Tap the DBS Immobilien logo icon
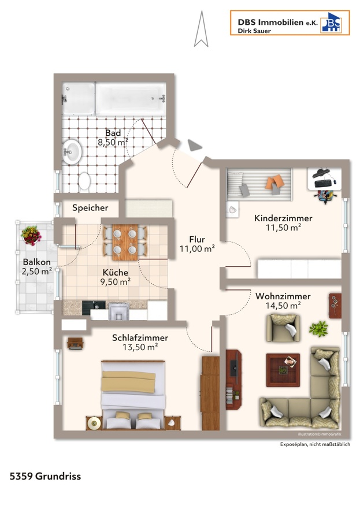[x=331, y=23]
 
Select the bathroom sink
[x=72, y=152]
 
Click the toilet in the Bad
[x=84, y=182]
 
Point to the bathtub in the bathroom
[x=131, y=98]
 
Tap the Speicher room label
[x=90, y=208]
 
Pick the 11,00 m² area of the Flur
[x=197, y=248]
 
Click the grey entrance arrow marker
[x=194, y=145]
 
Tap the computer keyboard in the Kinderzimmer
[x=324, y=183]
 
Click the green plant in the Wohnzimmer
[x=318, y=329]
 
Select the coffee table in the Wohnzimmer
[x=283, y=370]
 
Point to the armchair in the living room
[x=283, y=328]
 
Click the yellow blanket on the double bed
[x=128, y=382]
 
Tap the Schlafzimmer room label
[x=140, y=338]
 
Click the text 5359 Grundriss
[x=45, y=476]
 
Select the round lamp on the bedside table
[x=94, y=423]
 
